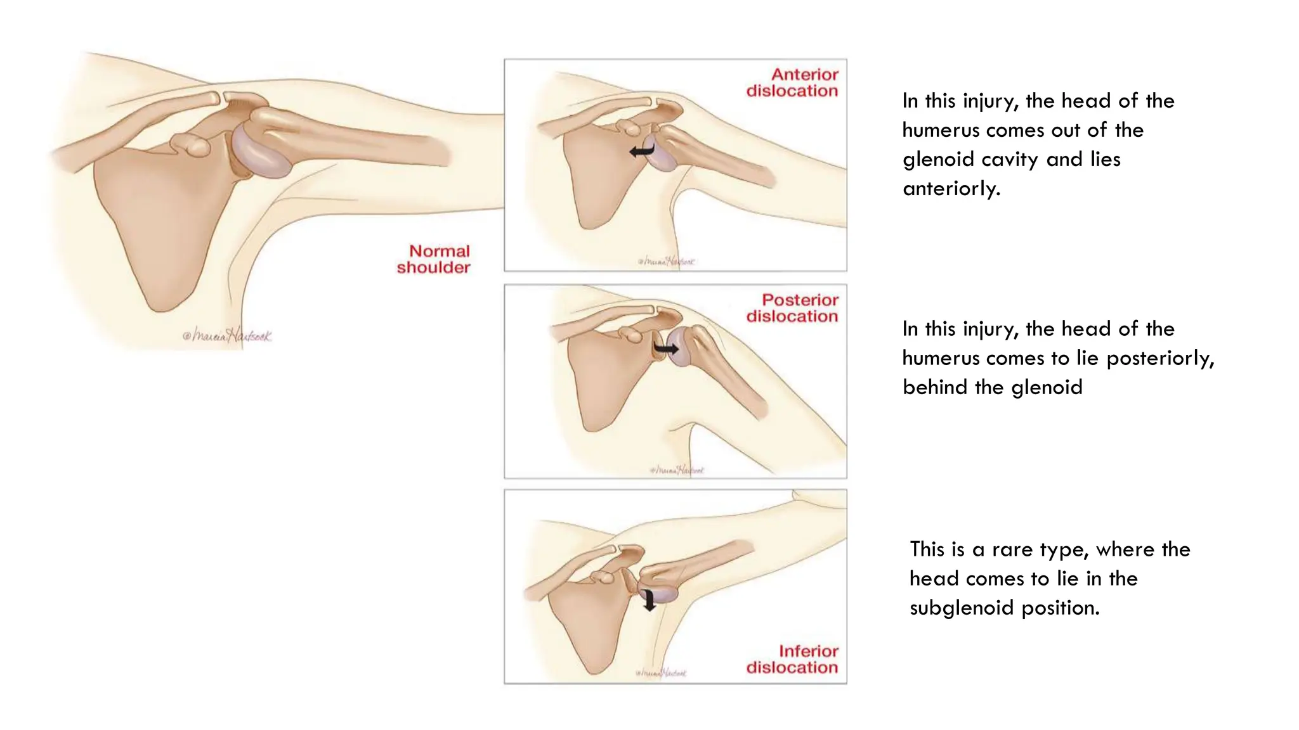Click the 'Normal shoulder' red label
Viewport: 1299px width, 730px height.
pos(434,259)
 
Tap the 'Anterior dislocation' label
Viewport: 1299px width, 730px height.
pos(792,83)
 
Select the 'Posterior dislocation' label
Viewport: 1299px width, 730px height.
pos(792,308)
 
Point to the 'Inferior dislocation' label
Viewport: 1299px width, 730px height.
pos(792,660)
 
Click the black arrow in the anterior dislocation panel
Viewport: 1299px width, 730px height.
pos(641,151)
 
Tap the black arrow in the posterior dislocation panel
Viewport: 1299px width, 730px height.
pos(666,349)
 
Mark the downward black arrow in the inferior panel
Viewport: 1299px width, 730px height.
pos(649,599)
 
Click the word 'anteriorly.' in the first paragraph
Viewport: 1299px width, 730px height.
pos(951,189)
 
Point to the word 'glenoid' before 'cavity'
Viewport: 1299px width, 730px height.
pos(938,160)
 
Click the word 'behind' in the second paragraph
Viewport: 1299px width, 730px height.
pos(935,388)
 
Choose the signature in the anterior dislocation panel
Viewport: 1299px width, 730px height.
pos(666,261)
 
